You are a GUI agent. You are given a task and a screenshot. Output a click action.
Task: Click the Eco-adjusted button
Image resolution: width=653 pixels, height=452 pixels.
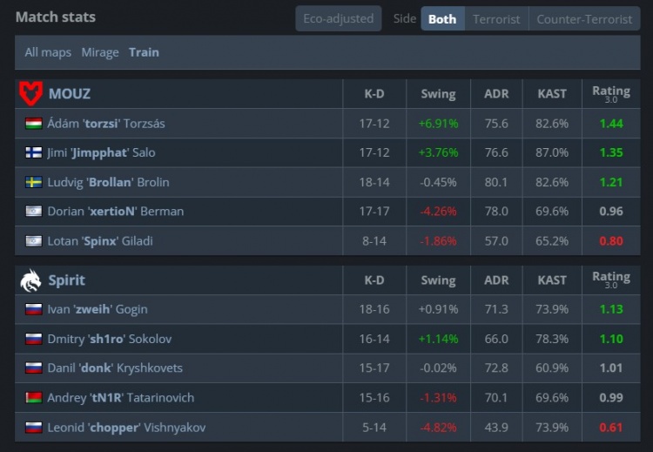pyautogui.click(x=339, y=18)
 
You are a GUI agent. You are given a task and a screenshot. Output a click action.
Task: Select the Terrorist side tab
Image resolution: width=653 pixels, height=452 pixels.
pyautogui.click(x=496, y=18)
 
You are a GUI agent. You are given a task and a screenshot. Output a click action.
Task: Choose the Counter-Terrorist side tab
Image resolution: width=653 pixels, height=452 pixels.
pyautogui.click(x=583, y=18)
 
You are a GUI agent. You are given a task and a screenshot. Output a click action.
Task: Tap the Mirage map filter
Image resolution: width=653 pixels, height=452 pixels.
pyautogui.click(x=100, y=52)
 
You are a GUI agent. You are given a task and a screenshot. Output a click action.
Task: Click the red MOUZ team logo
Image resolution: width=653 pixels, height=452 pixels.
pyautogui.click(x=30, y=93)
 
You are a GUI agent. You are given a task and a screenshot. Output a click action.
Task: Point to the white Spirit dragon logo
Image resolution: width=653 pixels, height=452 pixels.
pyautogui.click(x=30, y=280)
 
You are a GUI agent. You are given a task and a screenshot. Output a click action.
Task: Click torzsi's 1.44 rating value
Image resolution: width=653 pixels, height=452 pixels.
pyautogui.click(x=611, y=124)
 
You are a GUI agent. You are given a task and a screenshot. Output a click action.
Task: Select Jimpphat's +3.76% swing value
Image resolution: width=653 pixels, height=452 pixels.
pyautogui.click(x=438, y=152)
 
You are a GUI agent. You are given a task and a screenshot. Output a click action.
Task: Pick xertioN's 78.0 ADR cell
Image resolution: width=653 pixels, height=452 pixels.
pyautogui.click(x=496, y=212)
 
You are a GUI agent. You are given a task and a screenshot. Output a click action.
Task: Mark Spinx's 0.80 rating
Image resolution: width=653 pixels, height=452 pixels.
pyautogui.click(x=611, y=241)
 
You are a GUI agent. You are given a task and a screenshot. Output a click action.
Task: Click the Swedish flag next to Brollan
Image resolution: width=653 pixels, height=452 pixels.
pyautogui.click(x=34, y=182)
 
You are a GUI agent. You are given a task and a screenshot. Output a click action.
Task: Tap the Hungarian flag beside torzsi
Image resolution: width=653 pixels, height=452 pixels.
pyautogui.click(x=34, y=124)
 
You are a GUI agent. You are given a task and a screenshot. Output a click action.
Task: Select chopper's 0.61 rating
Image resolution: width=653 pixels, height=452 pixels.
pyautogui.click(x=611, y=427)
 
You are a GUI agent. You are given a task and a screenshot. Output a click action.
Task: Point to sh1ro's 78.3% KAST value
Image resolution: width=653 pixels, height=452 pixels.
pyautogui.click(x=552, y=338)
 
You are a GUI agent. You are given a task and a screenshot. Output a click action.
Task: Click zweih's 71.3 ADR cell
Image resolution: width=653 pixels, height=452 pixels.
pyautogui.click(x=496, y=308)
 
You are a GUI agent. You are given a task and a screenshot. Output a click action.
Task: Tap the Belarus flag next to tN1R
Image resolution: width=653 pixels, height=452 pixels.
pyautogui.click(x=34, y=397)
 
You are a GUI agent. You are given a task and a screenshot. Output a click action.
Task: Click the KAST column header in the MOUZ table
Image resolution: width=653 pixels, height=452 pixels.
pyautogui.click(x=552, y=93)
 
